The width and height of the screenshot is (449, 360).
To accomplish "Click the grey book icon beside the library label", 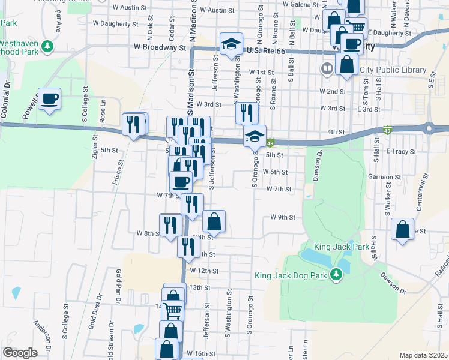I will (327, 69).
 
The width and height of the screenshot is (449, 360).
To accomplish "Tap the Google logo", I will (20, 353).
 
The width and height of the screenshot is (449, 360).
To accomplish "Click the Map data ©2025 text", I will (423, 355).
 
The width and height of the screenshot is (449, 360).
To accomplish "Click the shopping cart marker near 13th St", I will (173, 311).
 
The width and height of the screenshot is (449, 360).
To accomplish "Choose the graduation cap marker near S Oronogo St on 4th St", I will (255, 136).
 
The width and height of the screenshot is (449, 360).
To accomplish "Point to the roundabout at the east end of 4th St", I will (430, 128).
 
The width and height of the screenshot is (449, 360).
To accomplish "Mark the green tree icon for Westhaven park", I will (47, 46).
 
